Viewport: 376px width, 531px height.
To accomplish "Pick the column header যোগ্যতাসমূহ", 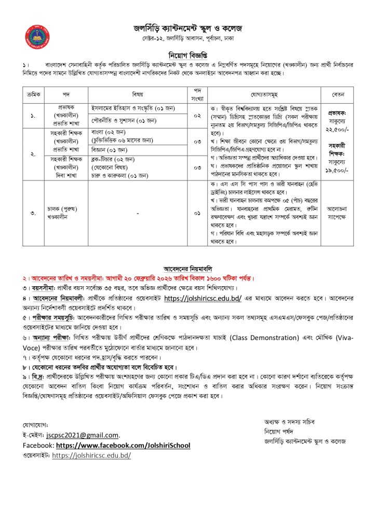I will click(x=263, y=95).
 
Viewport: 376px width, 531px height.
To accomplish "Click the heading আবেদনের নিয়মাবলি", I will click(x=187, y=269).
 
